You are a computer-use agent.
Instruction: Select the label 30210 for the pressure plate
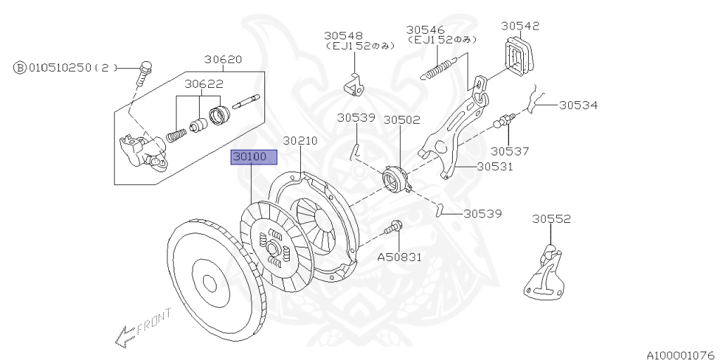[x=300, y=141]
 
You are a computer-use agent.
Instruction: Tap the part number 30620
[x=223, y=60]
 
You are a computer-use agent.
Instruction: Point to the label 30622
[x=204, y=84]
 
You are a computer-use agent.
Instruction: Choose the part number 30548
[x=343, y=35]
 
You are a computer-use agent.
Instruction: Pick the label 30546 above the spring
[x=425, y=30]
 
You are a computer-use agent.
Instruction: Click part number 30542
[x=520, y=26]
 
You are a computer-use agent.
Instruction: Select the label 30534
[x=579, y=105]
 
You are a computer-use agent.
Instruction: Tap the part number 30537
[x=510, y=150]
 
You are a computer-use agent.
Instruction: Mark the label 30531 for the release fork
[x=496, y=167]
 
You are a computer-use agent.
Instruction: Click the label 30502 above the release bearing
[x=401, y=120]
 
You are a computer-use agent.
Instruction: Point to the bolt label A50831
[x=399, y=257]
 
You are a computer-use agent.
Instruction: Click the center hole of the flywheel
[x=209, y=282]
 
